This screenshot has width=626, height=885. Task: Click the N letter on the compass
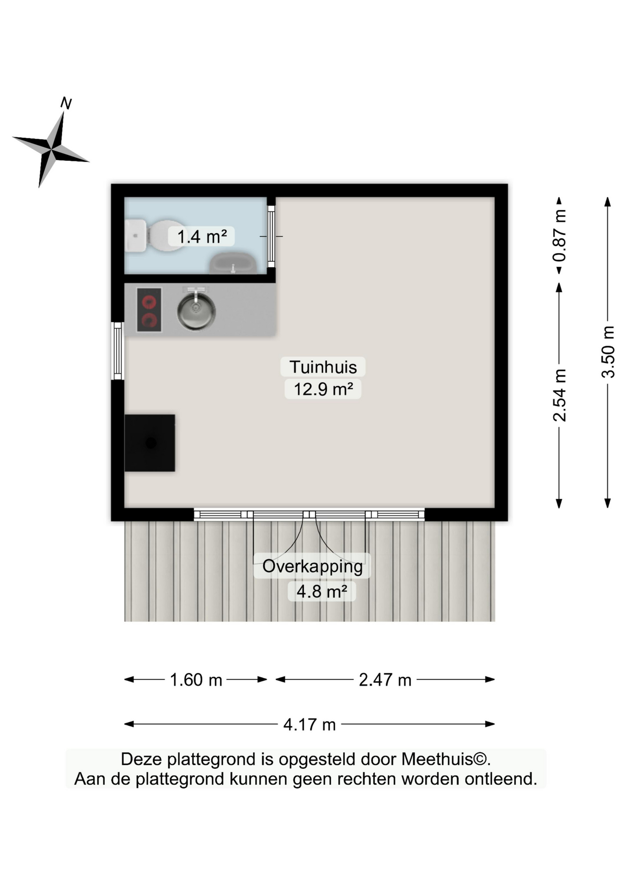coord(66,103)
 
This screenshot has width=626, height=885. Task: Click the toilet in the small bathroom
coord(154,235)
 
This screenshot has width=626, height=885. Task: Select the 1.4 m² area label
coord(202,236)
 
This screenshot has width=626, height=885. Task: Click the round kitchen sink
coord(196,309)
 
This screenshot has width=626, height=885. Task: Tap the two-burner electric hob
coord(149,310)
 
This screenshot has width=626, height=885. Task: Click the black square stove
coord(150,443)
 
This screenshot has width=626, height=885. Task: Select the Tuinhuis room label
coord(323,367)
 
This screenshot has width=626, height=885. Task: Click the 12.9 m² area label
coord(323,389)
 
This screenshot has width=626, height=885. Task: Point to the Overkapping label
coord(313,566)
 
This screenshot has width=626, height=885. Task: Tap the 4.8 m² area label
coord(322,591)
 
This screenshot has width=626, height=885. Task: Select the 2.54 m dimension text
coord(559,395)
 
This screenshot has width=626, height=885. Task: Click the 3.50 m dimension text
coord(608,352)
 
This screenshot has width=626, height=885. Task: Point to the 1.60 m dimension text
coord(196,680)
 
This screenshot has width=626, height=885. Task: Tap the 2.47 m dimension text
coord(385,680)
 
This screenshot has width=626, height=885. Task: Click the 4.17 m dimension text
coord(309,725)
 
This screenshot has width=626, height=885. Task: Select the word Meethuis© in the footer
coord(444,759)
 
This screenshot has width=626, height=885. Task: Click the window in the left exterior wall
coord(118,351)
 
